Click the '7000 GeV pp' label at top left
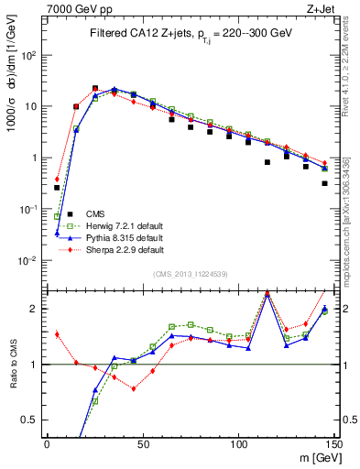click(x=77, y=8)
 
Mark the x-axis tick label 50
click(x=142, y=444)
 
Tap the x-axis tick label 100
click(x=238, y=444)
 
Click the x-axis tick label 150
click(x=333, y=444)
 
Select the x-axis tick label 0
click(x=47, y=444)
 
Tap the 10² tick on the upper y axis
click(x=29, y=55)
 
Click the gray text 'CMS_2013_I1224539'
click(x=191, y=273)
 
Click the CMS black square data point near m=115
click(x=267, y=162)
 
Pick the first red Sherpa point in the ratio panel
click(x=57, y=334)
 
